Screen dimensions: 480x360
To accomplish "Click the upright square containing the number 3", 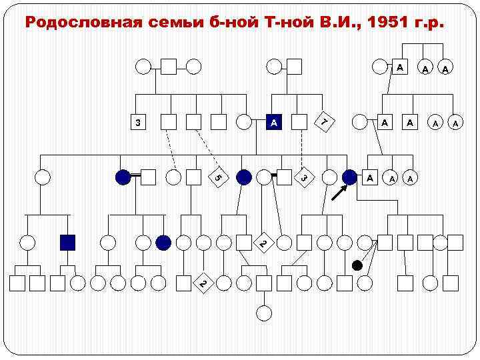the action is [137, 123].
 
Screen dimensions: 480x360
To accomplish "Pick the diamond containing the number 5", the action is [219, 177].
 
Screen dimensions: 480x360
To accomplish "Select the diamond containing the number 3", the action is [303, 177].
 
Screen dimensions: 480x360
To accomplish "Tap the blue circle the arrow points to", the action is [349, 177].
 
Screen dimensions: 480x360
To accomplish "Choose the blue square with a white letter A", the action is [274, 123].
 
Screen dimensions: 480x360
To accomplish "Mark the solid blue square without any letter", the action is [67, 242].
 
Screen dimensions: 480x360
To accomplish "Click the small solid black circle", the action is [357, 265].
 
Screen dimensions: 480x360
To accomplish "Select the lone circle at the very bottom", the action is [264, 311].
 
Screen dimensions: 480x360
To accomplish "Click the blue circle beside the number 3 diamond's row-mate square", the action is [244, 177].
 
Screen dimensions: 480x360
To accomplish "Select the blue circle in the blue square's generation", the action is [163, 242].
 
